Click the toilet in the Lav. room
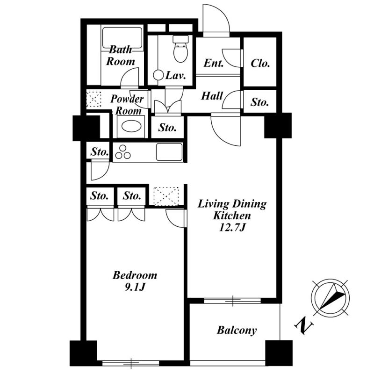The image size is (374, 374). point(180,49)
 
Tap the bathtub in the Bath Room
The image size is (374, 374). point(122,38)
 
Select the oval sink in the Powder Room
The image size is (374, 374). point(131,126)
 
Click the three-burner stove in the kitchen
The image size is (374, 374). point(123,152)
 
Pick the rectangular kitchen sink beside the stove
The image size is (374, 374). point(169,152)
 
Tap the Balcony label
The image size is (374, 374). point(237,331)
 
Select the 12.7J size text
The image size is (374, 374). point(232,228)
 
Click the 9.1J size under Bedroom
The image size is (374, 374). point(135,288)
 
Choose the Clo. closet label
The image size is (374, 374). point(260,64)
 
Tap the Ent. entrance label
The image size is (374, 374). point(214,63)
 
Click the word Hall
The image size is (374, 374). point(212,96)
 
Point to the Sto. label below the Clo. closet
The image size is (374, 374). point(259,102)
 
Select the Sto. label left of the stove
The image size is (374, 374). point(100,151)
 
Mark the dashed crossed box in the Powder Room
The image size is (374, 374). point(94,99)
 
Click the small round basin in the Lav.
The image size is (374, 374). point(158,75)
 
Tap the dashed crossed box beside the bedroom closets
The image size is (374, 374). point(166,196)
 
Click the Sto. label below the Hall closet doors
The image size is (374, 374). point(167,128)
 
